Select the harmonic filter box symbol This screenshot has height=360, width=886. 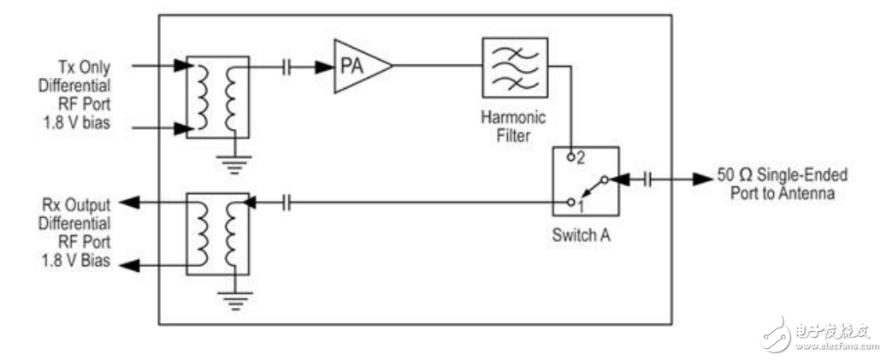point(515,68)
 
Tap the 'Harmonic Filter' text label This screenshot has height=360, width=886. point(514,126)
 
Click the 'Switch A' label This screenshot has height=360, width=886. point(582,234)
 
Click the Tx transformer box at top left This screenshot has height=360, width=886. point(217,97)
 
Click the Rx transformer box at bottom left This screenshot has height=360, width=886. point(217,233)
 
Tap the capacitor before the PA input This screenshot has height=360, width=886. point(286,68)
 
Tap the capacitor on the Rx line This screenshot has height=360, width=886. point(286,203)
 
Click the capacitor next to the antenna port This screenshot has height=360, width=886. point(647,180)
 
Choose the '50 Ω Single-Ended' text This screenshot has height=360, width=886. point(782,174)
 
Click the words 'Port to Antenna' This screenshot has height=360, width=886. point(782,192)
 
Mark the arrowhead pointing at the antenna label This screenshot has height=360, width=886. point(704,180)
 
